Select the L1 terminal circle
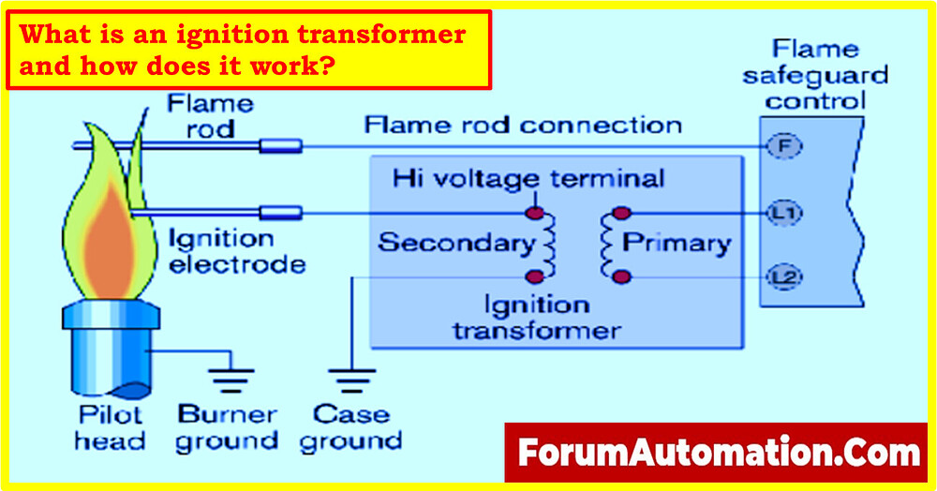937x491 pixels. click(x=780, y=213)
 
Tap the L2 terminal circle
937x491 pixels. click(x=780, y=276)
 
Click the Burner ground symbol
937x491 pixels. click(x=225, y=379)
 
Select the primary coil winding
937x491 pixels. click(x=608, y=245)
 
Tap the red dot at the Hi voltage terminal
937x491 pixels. click(x=535, y=214)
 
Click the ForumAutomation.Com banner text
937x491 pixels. click(x=720, y=454)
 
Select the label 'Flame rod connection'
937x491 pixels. click(x=522, y=125)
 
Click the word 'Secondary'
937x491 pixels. click(x=455, y=244)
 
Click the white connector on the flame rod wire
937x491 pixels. click(x=280, y=145)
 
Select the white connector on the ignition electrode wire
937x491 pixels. click(x=280, y=214)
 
